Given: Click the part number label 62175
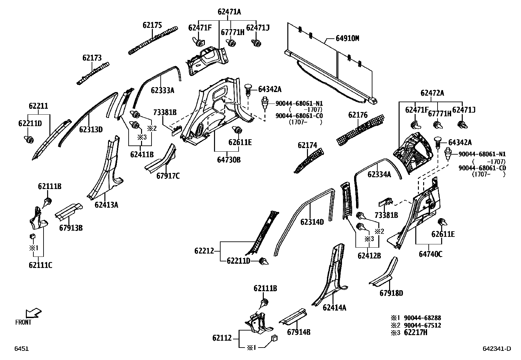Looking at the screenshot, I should [152, 25].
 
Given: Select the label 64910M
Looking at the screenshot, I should [347, 38].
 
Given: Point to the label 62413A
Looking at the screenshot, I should [106, 205].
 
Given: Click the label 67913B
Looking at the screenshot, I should [71, 228].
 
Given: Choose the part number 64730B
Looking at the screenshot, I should [229, 160].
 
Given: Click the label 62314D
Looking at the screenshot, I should [312, 222].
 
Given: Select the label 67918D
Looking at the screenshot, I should [391, 293].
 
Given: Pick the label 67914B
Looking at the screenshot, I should [298, 332].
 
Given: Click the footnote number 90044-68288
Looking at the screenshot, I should [422, 318].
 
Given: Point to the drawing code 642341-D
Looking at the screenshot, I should [496, 349].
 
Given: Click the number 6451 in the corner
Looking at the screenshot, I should [21, 349].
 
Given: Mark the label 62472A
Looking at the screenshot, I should [432, 93].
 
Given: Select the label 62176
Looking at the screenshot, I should [358, 115].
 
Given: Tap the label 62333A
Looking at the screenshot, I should [162, 90].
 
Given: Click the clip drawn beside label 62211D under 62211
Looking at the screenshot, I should [29, 140].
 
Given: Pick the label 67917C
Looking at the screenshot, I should [168, 176].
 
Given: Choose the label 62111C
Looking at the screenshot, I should [40, 265].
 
